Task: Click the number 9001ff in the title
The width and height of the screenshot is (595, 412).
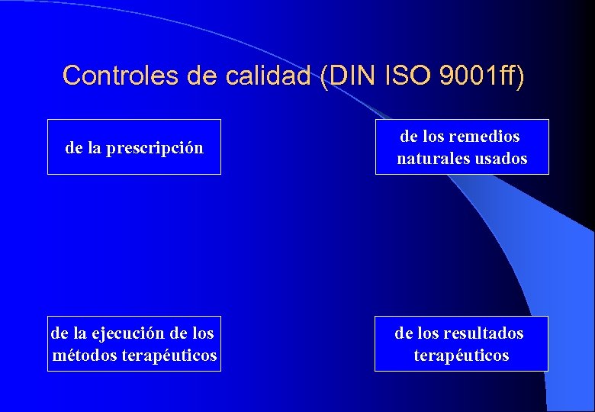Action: (x=478, y=76)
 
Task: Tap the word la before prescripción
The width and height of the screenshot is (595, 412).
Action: (x=94, y=148)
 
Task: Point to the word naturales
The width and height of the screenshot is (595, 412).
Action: (x=433, y=159)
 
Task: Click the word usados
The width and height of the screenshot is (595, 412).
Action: (x=500, y=159)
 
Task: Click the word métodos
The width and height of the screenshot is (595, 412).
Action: (x=85, y=356)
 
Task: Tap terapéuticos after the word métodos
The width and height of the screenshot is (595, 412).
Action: (x=169, y=356)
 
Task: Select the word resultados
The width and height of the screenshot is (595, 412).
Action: (x=489, y=333)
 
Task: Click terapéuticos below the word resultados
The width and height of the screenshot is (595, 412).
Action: (x=461, y=356)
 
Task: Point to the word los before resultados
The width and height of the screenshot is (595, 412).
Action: (x=431, y=333)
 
